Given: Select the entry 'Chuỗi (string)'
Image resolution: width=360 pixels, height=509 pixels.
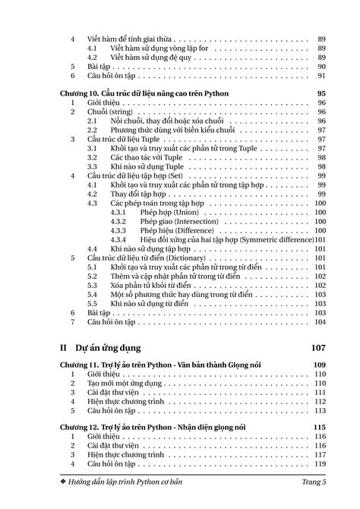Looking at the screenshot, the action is (110, 112).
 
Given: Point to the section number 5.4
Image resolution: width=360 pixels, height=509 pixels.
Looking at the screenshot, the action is (93, 294).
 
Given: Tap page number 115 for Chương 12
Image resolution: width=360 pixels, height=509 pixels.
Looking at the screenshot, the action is (320, 428).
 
